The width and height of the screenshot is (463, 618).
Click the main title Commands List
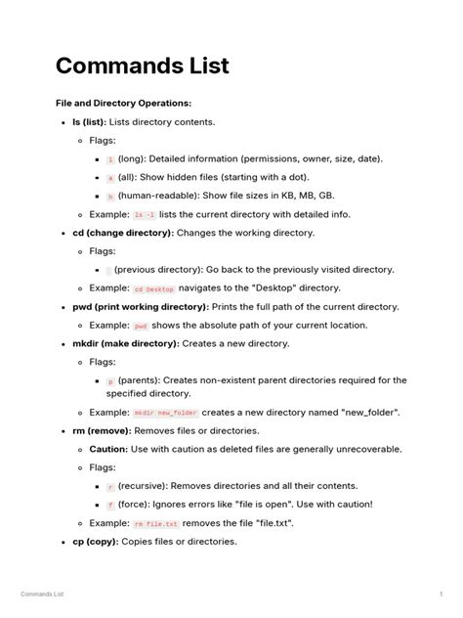[143, 66]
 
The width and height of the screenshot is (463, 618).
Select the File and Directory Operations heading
[123, 103]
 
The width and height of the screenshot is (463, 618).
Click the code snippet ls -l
[145, 214]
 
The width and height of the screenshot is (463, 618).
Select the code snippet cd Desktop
[153, 288]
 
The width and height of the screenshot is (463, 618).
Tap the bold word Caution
[108, 449]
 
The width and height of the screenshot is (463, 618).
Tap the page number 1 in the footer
[442, 594]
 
